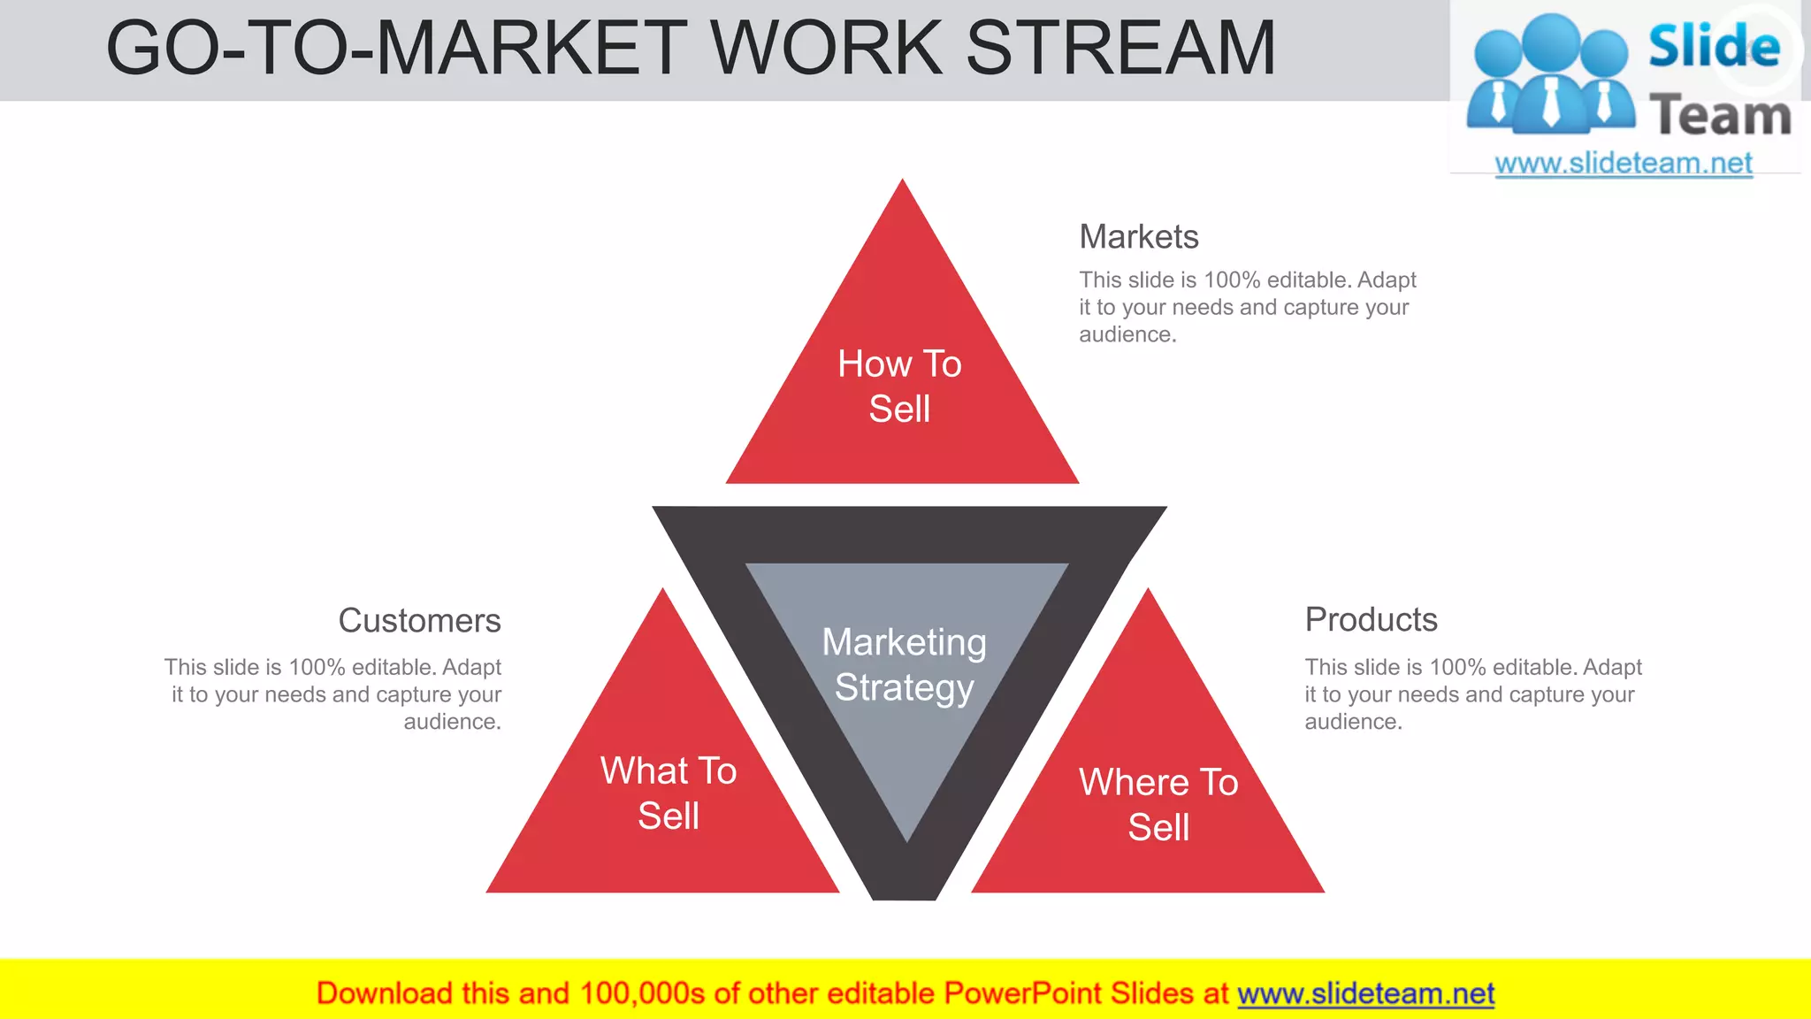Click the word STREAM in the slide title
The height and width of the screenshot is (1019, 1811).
click(x=1120, y=48)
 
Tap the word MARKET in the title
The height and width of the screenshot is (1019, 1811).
click(x=531, y=48)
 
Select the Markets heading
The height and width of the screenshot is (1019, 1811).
click(x=1139, y=237)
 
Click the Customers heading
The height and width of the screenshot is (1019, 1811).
click(x=419, y=621)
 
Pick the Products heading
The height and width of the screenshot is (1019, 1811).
click(x=1371, y=620)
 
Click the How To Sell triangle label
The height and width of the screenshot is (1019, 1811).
click(x=899, y=387)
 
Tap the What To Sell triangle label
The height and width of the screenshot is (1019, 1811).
click(x=669, y=793)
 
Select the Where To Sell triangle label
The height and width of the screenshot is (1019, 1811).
click(x=1158, y=805)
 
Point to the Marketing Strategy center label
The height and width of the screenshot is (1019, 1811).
click(x=904, y=665)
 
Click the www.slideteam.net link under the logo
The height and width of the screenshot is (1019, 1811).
click(x=1624, y=164)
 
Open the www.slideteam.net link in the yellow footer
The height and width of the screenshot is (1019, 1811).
click(x=1365, y=994)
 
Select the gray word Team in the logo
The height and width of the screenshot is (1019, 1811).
click(x=1720, y=116)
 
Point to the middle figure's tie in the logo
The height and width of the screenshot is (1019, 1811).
click(x=1551, y=101)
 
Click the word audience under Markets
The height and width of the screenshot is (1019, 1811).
click(x=1126, y=335)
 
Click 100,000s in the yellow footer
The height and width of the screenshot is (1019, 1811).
click(x=642, y=994)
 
